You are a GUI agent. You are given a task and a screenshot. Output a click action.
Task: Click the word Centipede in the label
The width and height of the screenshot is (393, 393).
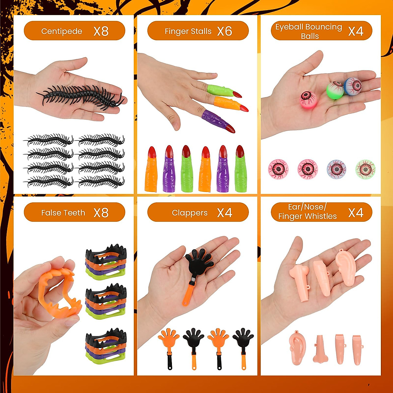[x=62, y=31]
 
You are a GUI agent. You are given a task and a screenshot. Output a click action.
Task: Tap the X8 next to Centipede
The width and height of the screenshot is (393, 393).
[x=101, y=31]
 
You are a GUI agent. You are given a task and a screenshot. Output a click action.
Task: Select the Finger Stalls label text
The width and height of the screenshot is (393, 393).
[x=188, y=31]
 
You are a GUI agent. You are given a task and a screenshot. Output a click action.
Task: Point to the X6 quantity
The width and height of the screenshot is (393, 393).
[x=224, y=31]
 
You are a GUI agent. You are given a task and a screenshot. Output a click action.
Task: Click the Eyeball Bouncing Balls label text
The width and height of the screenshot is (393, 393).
[x=309, y=31]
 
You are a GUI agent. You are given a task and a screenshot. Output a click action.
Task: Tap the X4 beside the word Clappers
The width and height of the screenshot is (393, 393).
[x=224, y=213]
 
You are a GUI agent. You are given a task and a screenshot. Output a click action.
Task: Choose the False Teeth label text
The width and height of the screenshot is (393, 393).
[x=63, y=213]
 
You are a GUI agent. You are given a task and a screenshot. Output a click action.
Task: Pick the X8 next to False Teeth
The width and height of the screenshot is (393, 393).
[x=101, y=213]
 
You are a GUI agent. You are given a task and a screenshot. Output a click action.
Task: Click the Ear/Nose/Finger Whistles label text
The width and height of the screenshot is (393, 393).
[x=307, y=212]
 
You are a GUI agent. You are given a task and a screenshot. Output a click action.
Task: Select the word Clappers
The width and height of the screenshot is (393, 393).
[x=190, y=213]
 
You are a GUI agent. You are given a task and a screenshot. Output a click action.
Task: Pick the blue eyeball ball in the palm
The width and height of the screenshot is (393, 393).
[x=353, y=86]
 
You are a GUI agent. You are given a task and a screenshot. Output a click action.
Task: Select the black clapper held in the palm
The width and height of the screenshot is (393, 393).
[x=199, y=265]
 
